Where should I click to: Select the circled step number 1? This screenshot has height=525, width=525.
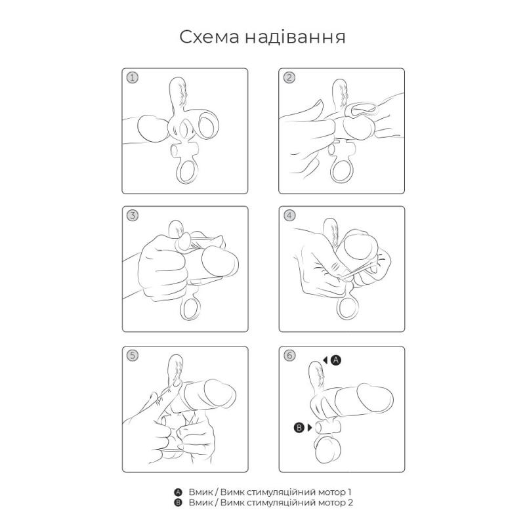tap(133, 77)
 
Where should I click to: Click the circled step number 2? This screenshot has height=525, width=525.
tap(289, 77)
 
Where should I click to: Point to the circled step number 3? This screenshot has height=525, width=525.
tap(133, 215)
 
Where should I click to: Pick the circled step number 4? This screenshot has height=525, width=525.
tap(289, 215)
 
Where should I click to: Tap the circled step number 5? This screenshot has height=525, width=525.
tap(133, 356)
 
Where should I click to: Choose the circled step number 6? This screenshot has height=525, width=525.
tap(289, 356)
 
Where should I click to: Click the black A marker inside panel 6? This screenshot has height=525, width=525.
tap(335, 360)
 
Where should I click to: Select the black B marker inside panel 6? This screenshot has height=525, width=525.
tap(299, 428)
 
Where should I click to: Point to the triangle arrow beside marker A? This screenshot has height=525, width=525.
tap(325, 360)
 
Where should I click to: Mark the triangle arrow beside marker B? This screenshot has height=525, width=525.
tap(310, 428)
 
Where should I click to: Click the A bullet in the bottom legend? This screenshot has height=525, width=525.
tap(177, 492)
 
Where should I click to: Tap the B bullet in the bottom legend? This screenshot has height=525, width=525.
tap(177, 503)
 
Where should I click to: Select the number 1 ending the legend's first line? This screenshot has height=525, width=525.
tap(350, 492)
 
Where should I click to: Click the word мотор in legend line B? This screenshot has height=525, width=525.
tap(331, 503)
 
